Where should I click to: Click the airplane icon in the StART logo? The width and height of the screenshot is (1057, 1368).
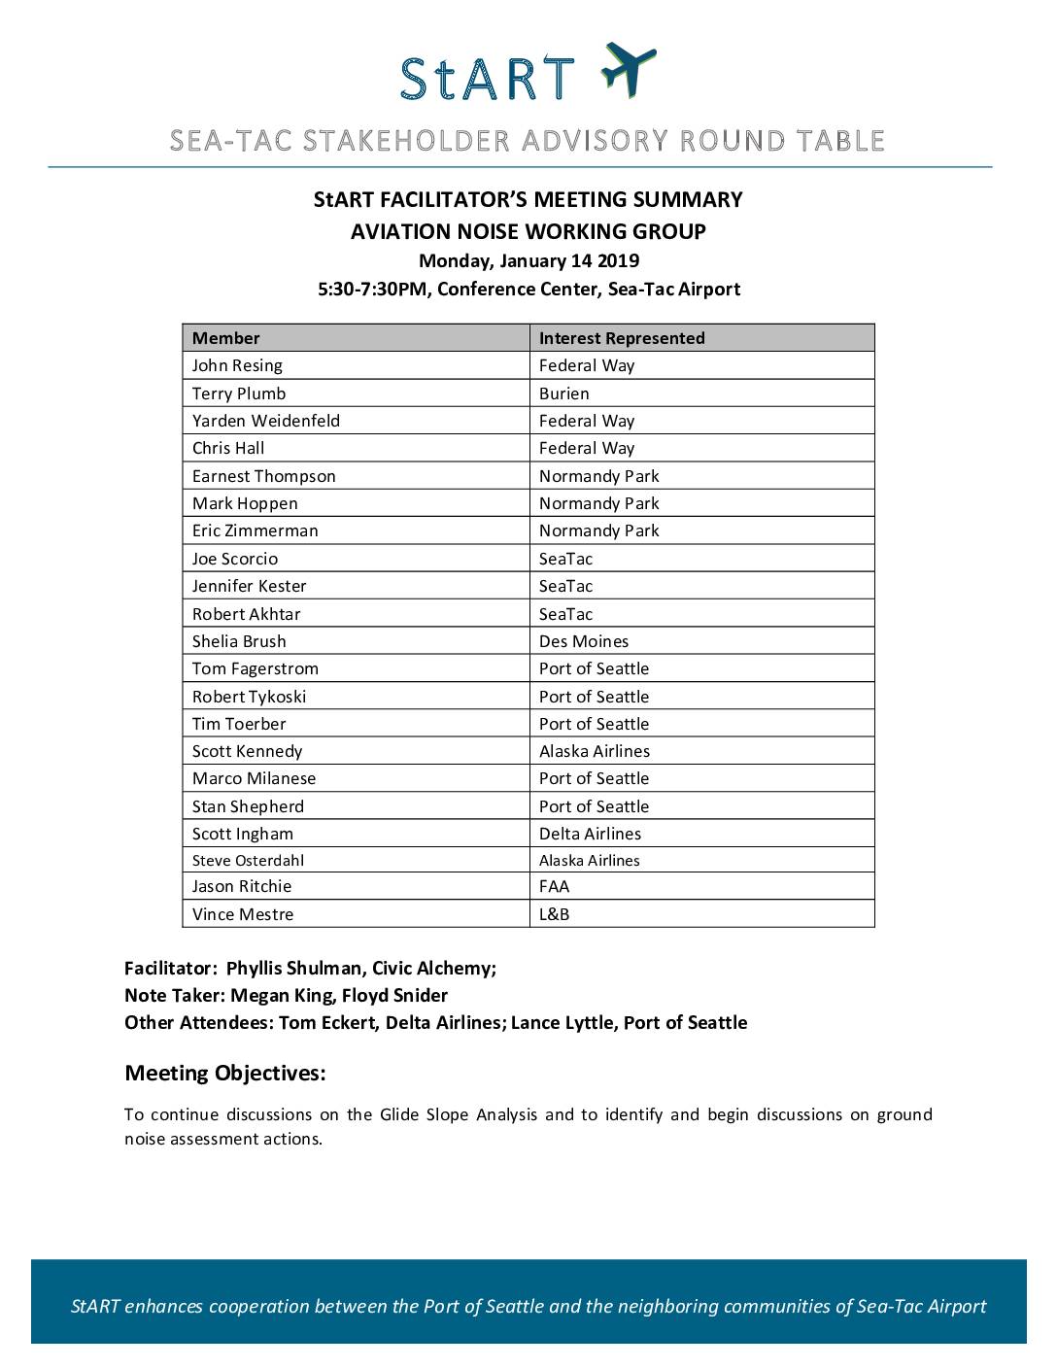point(629,69)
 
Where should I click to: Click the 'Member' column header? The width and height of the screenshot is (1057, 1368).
point(225,338)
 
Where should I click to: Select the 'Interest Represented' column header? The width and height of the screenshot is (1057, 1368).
point(622,338)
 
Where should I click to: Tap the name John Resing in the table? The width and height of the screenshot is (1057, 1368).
point(237,365)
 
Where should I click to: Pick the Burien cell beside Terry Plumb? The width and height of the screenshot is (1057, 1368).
point(564,393)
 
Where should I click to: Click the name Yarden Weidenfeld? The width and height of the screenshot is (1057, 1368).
point(266,421)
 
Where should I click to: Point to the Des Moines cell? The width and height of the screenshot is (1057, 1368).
point(584,641)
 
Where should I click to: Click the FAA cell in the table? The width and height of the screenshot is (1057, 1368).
point(555,886)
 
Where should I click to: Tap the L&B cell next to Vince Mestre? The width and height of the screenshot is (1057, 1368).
point(555,914)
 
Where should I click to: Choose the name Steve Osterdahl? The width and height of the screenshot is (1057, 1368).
point(249,860)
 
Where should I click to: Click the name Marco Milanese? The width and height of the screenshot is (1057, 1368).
point(254,778)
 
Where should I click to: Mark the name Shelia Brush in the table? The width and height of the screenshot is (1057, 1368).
point(239,641)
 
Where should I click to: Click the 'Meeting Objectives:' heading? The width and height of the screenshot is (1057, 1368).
point(225,1074)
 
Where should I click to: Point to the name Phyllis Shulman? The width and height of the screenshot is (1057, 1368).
point(293,969)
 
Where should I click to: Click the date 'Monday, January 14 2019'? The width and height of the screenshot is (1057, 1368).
point(528,260)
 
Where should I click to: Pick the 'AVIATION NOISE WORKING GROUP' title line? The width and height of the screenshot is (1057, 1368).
point(528,231)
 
